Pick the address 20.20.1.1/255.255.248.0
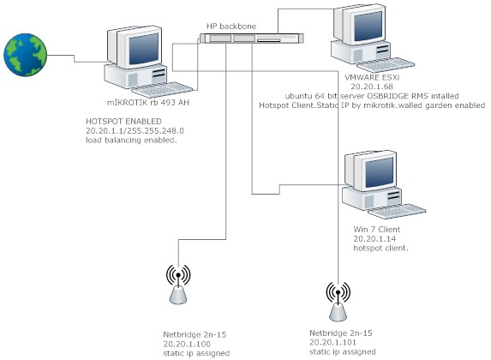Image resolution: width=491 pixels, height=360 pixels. click(x=135, y=131)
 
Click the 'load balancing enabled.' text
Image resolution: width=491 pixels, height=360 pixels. click(x=131, y=141)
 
